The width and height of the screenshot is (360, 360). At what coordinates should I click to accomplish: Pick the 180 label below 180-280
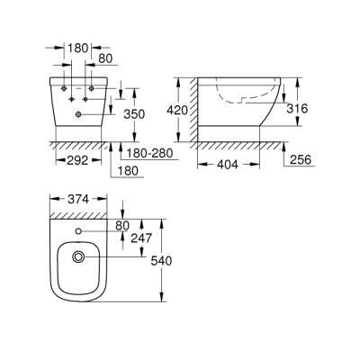[x=128, y=169]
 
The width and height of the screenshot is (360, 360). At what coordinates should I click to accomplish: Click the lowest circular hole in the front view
[x=78, y=114]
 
